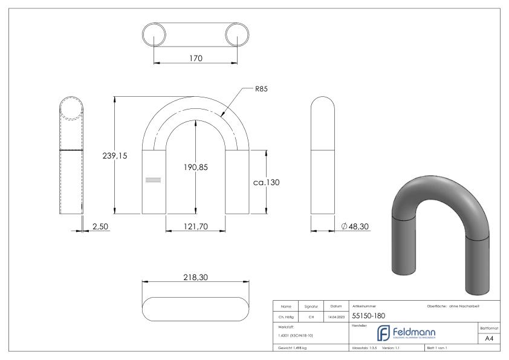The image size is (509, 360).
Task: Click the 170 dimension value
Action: pyautogui.click(x=195, y=59)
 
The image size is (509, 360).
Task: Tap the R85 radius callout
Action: pyautogui.click(x=261, y=89)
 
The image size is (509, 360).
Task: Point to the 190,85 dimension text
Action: pyautogui.click(x=195, y=167)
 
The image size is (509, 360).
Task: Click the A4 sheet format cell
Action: pyautogui.click(x=489, y=339)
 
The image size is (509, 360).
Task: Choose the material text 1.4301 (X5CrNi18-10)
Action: pyautogui.click(x=296, y=335)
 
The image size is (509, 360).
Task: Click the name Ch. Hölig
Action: pyautogui.click(x=287, y=316)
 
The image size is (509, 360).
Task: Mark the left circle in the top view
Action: pyautogui.click(x=154, y=34)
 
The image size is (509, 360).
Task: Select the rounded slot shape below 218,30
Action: pyautogui.click(x=195, y=309)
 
